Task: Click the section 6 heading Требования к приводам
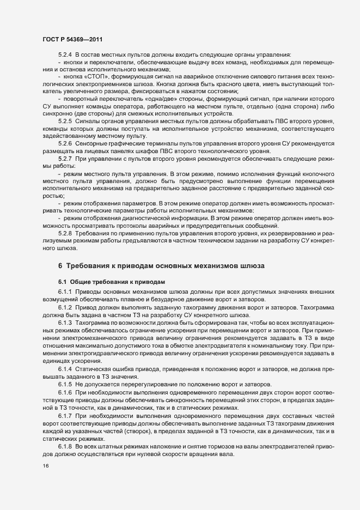pyautogui.click(x=161, y=266)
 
